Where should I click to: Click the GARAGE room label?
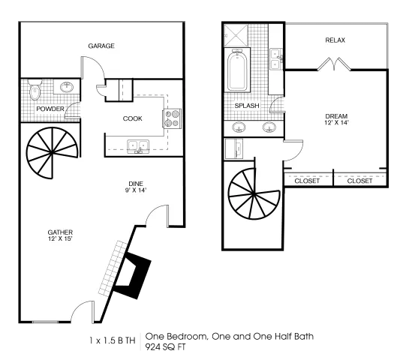click(101, 46)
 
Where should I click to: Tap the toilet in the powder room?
click(35, 90)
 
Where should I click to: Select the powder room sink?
click(67, 87)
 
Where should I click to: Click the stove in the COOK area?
click(172, 118)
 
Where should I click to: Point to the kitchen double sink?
click(138, 146)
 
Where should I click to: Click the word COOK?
click(133, 118)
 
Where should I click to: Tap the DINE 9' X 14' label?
click(136, 187)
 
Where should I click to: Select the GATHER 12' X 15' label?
click(60, 235)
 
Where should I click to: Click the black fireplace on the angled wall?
click(133, 275)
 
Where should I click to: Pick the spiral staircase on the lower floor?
click(52, 153)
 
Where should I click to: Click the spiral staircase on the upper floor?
click(254, 193)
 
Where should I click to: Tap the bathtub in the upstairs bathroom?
click(237, 70)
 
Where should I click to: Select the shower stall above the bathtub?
click(236, 35)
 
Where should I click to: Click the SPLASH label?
click(247, 106)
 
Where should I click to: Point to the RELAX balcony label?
click(335, 40)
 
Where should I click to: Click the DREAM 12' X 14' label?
click(336, 119)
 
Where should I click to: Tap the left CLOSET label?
click(307, 181)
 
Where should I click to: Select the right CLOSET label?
click(359, 181)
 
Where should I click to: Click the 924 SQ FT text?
click(165, 347)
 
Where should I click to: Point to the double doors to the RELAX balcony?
click(334, 64)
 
